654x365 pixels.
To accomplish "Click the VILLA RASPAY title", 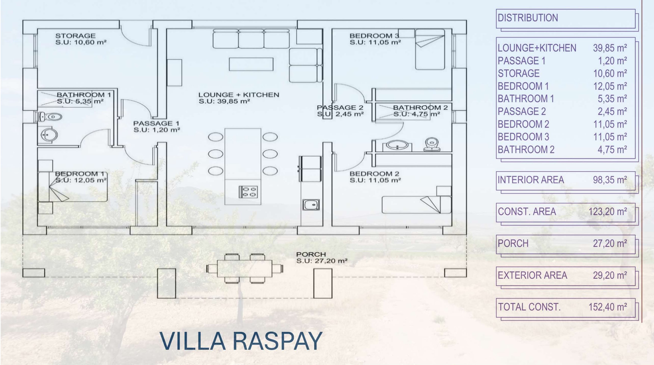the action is coord(241,341).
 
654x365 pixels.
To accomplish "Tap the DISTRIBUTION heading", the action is coord(528,18).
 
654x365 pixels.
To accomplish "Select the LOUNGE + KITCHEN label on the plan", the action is coord(239,95).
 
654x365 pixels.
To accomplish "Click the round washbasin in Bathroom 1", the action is coord(49,135).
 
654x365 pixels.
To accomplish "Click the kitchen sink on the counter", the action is coord(311,205).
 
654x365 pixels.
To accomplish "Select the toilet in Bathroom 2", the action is coord(432,144).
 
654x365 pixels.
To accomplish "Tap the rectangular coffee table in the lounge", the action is coord(251,64).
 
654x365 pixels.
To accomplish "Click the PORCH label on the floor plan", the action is coord(311,254).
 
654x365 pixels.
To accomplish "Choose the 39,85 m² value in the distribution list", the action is coord(610,48).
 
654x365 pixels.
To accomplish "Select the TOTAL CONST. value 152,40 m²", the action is coord(608,307).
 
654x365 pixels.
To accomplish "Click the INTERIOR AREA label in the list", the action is coord(531,180).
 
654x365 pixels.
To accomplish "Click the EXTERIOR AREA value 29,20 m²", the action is coord(610,275).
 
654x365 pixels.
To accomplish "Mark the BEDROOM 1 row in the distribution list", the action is coord(562,86).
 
